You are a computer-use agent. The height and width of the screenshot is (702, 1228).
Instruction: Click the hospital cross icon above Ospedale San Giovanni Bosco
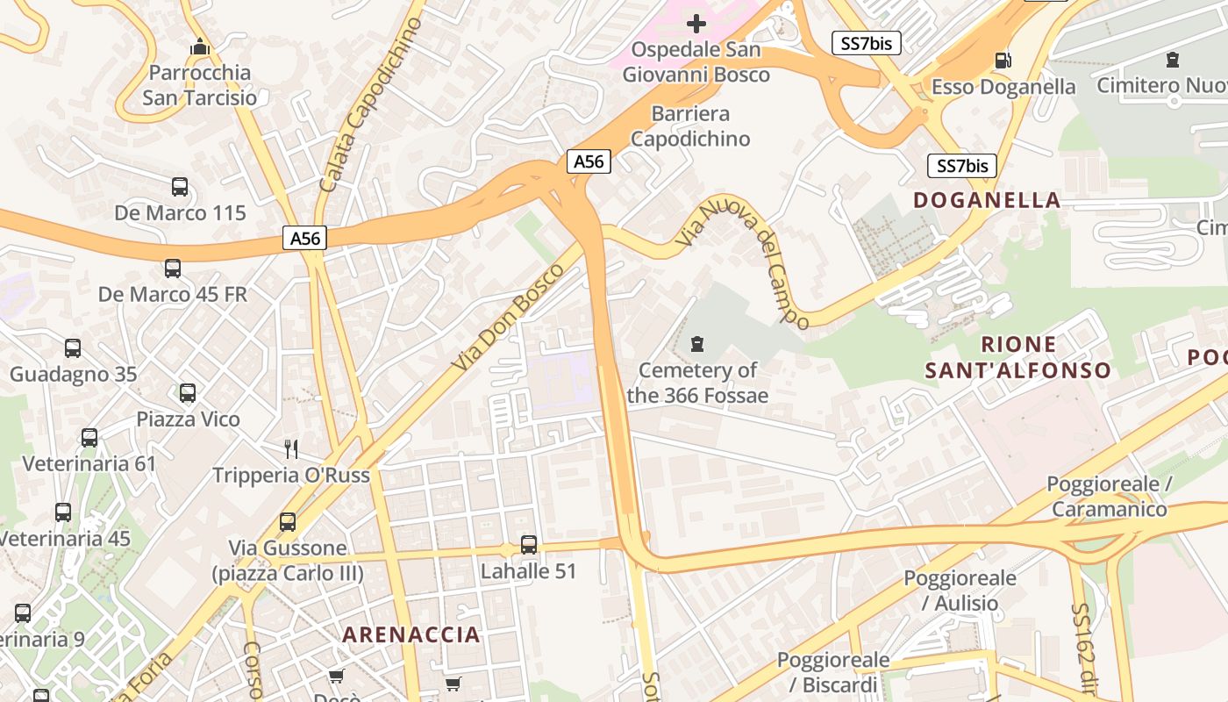(x=696, y=23)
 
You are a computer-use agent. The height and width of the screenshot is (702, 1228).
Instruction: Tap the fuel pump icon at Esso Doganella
(x=1003, y=61)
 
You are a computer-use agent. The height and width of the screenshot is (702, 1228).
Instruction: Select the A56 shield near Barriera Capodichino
(x=589, y=161)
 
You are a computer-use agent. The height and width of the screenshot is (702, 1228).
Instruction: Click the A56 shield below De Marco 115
(x=304, y=238)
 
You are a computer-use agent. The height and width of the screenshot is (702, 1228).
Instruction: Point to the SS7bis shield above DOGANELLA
(x=962, y=166)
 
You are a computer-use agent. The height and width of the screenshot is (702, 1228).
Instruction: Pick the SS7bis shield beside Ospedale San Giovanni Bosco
(x=866, y=42)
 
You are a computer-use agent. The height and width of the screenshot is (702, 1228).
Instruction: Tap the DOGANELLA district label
(x=987, y=200)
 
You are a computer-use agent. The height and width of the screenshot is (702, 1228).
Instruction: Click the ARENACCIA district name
(x=411, y=634)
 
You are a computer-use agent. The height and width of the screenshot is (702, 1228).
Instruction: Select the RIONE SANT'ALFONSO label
(x=1018, y=357)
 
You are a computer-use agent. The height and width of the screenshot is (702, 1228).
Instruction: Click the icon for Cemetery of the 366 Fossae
(x=697, y=343)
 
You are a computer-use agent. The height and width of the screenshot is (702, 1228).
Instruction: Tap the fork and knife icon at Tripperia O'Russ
(x=291, y=449)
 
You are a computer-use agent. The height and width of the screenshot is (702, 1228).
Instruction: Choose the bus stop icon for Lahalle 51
(x=528, y=545)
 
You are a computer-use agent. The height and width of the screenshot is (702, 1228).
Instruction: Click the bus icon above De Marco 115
(x=180, y=187)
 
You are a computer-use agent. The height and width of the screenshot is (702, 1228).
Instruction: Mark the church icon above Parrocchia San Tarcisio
(x=200, y=46)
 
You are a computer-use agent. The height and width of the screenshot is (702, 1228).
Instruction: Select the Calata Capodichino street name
(x=369, y=105)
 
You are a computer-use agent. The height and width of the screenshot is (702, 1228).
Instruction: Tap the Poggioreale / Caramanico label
(x=1109, y=497)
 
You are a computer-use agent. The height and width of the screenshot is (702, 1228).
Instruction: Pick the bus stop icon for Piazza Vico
(x=188, y=393)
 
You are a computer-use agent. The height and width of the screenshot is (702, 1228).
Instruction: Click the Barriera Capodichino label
(x=690, y=126)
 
